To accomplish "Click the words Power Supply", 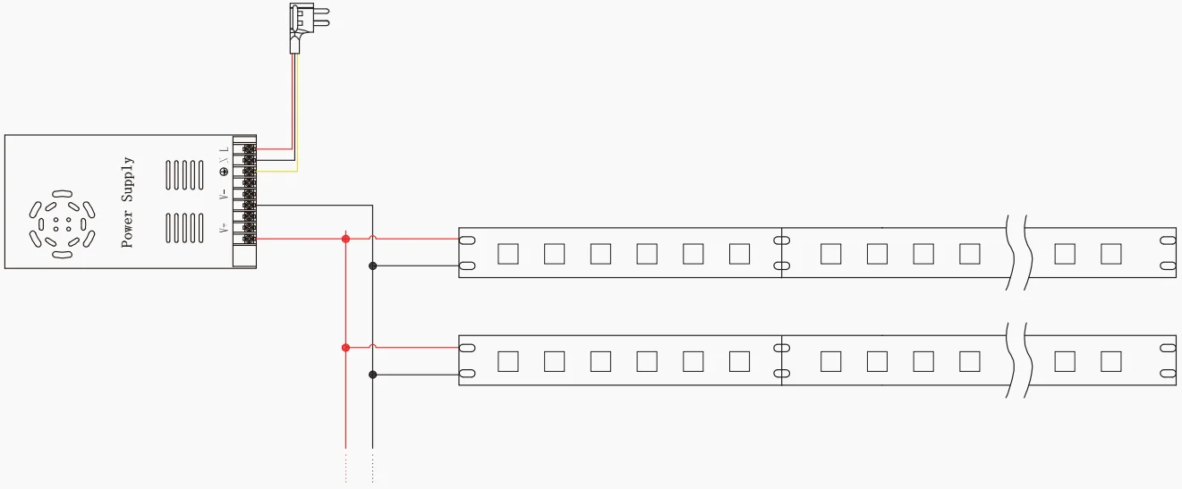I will click(128, 202).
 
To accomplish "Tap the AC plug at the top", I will click(302, 27).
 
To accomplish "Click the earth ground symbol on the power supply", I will click(224, 171).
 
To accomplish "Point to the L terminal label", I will click(224, 148).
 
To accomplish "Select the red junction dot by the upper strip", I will click(345, 239).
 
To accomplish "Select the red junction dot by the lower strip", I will click(345, 347).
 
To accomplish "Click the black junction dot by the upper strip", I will click(372, 266).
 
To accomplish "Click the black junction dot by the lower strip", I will click(372, 375).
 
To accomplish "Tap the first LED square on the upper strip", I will click(508, 254).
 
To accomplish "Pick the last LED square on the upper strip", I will click(1111, 254).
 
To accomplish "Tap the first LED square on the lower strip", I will click(508, 361).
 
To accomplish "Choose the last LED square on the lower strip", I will click(1111, 361).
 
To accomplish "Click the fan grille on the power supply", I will click(61, 223).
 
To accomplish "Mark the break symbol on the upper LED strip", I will click(1016, 253).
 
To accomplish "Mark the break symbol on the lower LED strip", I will click(1016, 361).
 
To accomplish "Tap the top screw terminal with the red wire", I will click(247, 149).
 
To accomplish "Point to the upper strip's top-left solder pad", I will click(466, 240).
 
